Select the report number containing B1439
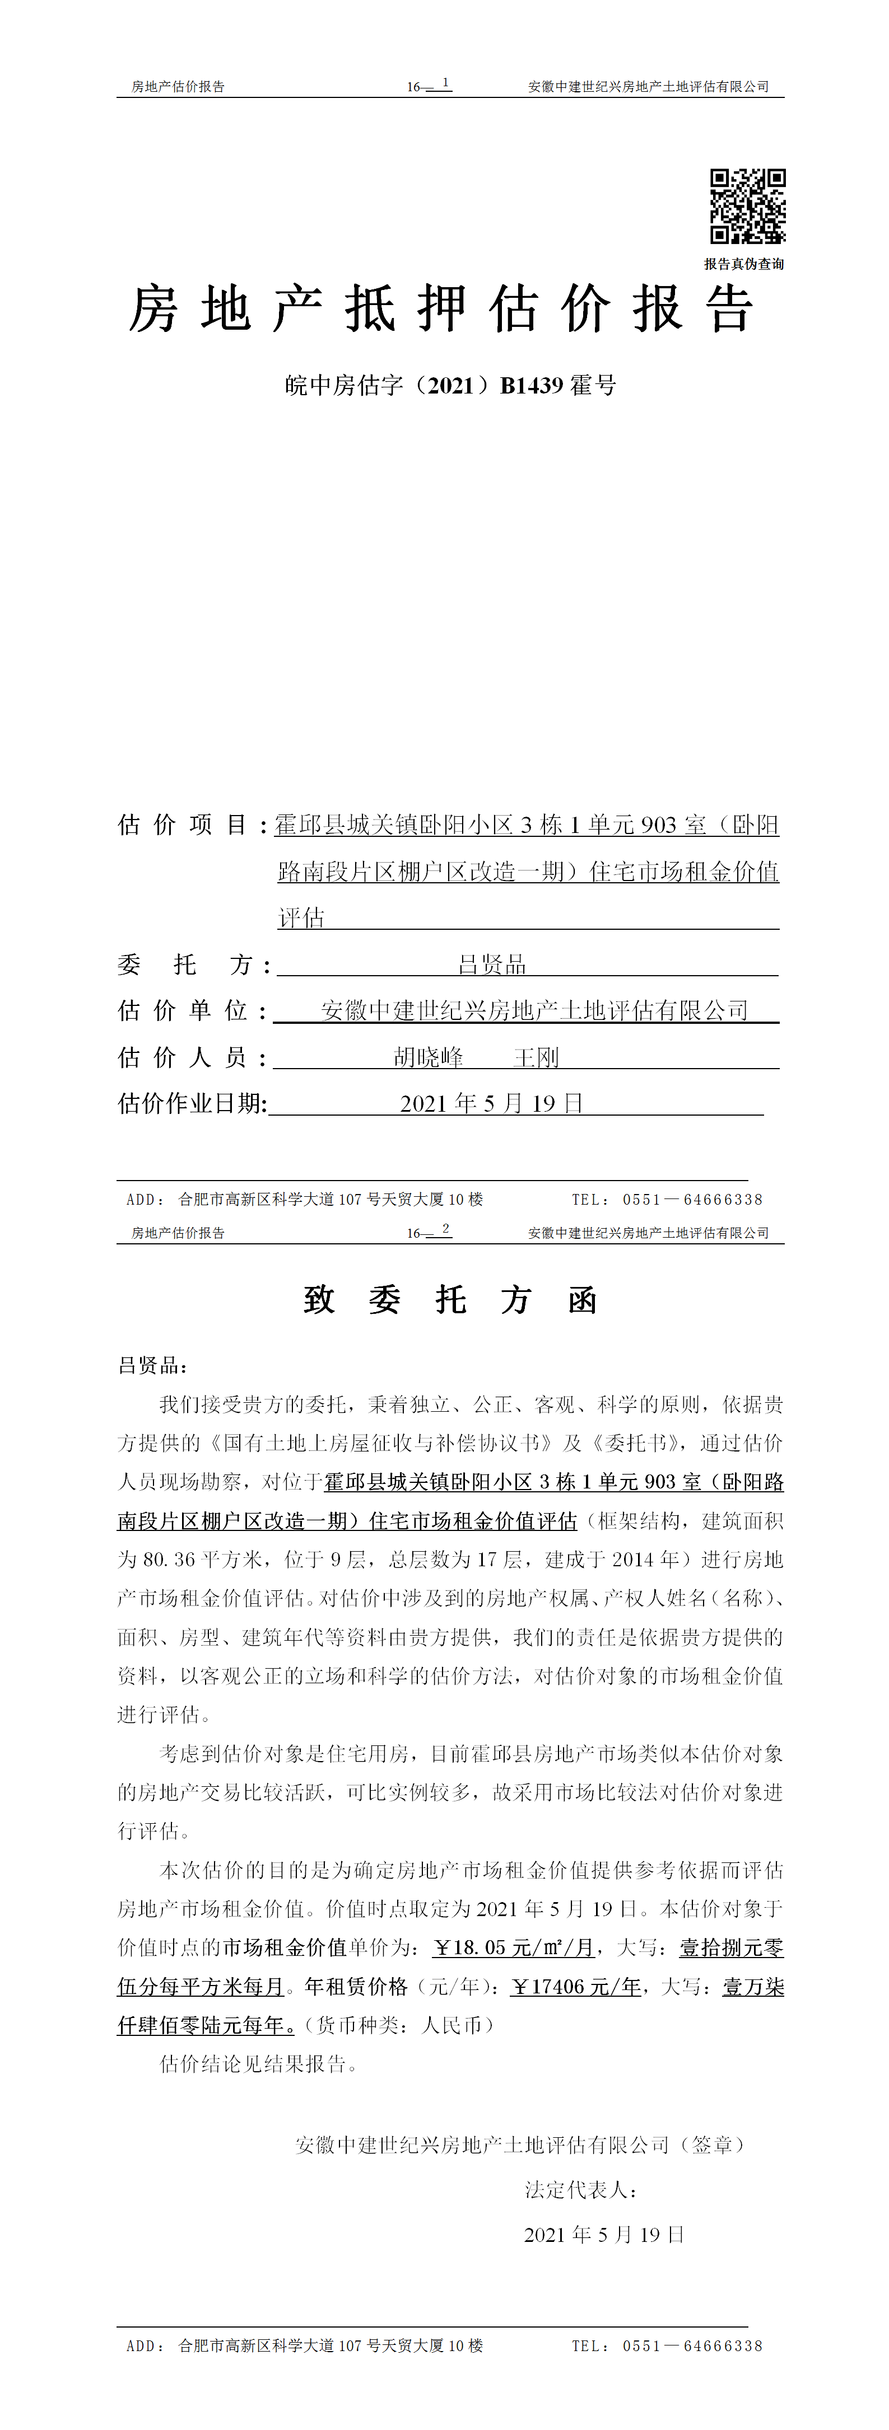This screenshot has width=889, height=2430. pos(450,385)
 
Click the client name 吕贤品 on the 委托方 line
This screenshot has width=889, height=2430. pos(492,964)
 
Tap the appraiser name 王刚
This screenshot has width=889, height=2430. pos(536,1057)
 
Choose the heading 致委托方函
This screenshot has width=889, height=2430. pos(450,1300)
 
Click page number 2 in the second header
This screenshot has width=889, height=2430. pos(445,1229)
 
